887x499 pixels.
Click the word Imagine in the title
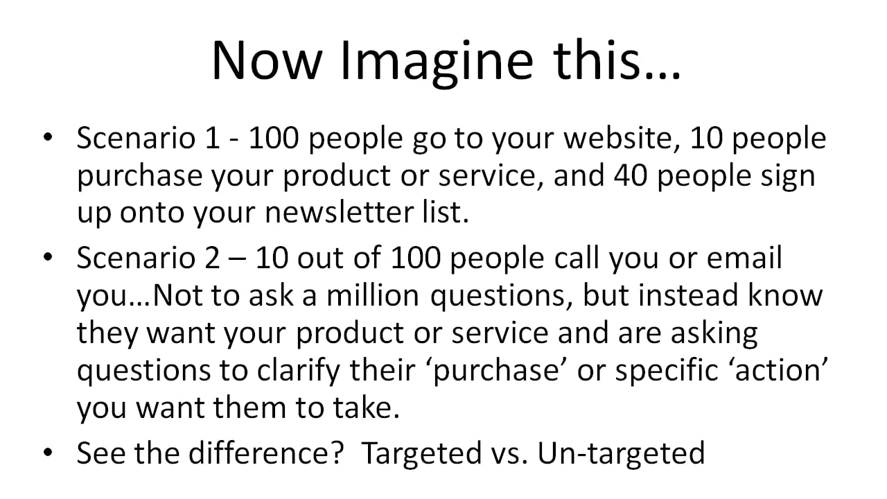coord(439,60)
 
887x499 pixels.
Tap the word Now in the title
coord(266,60)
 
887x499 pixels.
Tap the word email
coord(744,259)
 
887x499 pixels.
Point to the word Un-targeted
coord(621,453)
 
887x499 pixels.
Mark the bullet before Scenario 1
coord(47,139)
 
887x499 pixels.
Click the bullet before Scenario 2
coord(47,259)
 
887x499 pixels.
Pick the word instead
coord(690,296)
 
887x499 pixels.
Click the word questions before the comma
coord(501,296)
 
